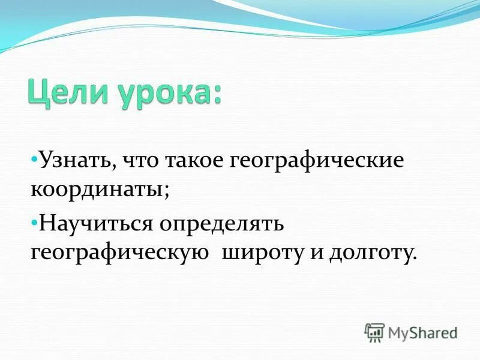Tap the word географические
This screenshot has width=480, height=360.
click(x=312, y=161)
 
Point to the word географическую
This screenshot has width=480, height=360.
click(x=120, y=252)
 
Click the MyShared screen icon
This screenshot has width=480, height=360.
click(x=374, y=332)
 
